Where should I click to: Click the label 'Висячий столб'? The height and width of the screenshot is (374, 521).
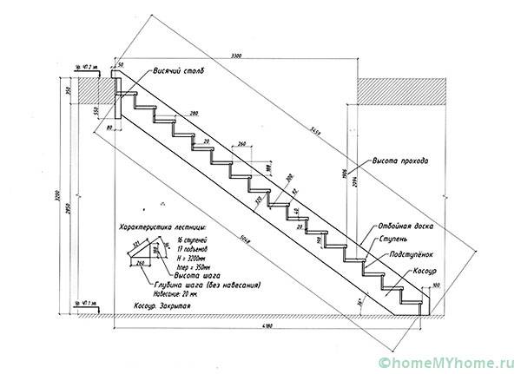pos(178,71)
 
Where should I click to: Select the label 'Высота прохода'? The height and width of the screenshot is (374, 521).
pos(399,161)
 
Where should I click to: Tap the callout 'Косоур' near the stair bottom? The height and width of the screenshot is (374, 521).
pos(414,269)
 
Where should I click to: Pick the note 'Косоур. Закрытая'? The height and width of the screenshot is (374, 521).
pos(162,305)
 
